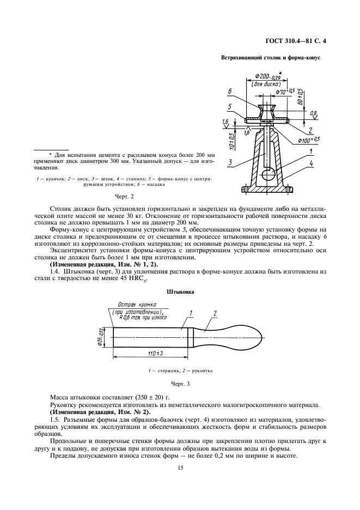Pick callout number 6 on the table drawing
230,91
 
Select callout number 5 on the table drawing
230,107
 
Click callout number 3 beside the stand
230,162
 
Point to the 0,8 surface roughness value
313,113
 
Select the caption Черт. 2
125,196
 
